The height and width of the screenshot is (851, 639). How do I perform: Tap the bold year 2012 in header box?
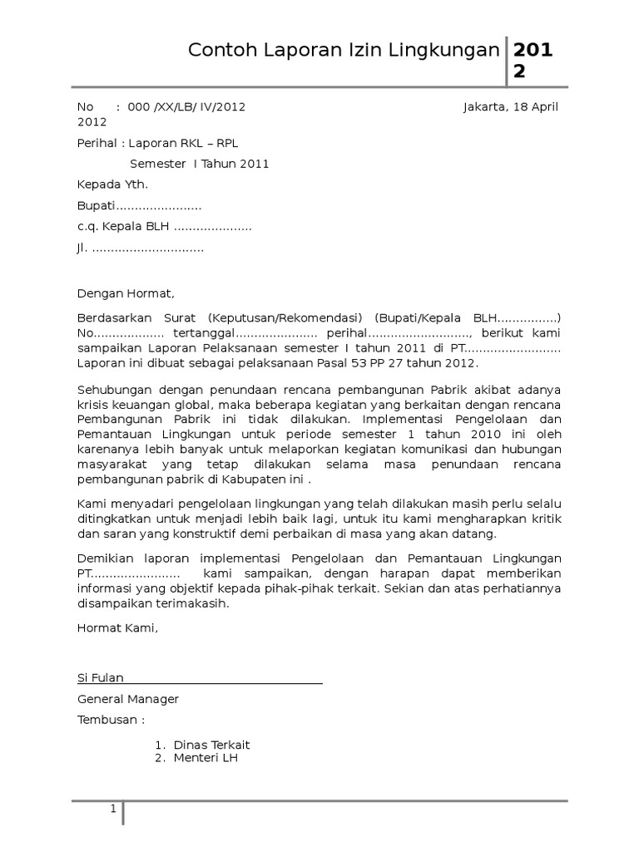[x=531, y=61]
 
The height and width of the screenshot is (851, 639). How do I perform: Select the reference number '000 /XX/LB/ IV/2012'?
[x=186, y=107]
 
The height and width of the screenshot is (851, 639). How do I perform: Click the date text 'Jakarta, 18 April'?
[x=510, y=107]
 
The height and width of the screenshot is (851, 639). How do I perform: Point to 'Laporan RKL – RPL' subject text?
[x=189, y=142]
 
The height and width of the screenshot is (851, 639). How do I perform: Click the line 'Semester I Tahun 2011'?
[x=200, y=164]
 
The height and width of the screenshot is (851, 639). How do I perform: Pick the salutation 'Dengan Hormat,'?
[x=126, y=293]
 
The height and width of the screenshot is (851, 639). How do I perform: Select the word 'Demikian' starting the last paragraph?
[x=103, y=558]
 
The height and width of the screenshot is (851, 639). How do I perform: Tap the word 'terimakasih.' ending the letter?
[x=193, y=604]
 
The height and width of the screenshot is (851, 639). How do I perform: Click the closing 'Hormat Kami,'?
[x=117, y=628]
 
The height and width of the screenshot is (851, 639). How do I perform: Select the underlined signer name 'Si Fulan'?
[x=101, y=678]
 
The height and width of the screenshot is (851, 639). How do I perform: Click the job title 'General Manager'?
[x=128, y=699]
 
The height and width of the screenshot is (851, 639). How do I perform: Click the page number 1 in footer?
[x=114, y=809]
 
